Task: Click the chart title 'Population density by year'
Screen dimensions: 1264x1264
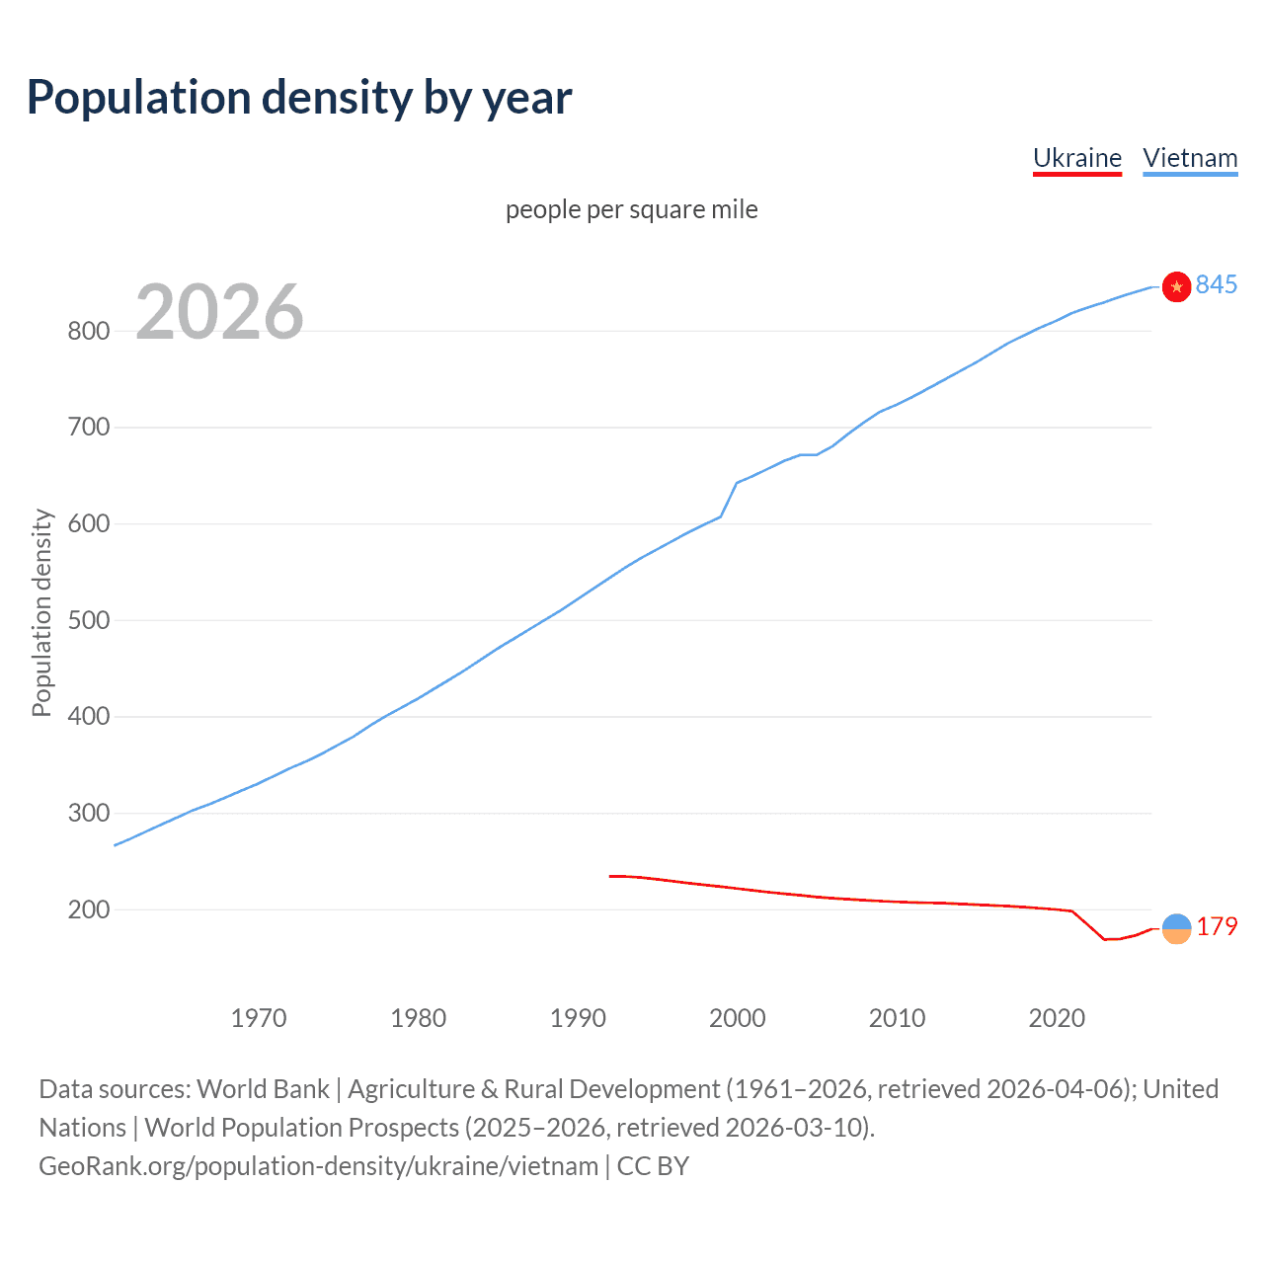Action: (x=299, y=98)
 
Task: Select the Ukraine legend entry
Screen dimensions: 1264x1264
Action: (x=1076, y=158)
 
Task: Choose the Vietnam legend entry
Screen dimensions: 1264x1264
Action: (x=1190, y=158)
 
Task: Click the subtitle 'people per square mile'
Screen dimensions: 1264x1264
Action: (x=631, y=209)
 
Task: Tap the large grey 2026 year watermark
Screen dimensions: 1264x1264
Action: (x=219, y=312)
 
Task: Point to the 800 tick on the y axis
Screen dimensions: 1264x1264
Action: (x=88, y=331)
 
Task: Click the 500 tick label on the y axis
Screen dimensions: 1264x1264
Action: (x=88, y=620)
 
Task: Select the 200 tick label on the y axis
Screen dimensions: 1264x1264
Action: (x=88, y=909)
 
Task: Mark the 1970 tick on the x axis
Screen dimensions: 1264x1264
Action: (x=259, y=1017)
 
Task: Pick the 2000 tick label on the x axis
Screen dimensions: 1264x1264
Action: (x=738, y=1017)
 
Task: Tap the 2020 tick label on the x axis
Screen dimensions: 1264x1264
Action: (x=1057, y=1017)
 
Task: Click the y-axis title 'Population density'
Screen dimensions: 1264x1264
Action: (x=41, y=612)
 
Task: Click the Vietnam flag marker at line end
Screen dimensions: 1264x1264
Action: (x=1176, y=286)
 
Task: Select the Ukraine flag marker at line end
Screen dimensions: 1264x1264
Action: (x=1176, y=928)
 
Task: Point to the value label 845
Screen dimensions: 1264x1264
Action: (x=1216, y=284)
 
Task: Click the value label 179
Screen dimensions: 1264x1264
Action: (x=1217, y=926)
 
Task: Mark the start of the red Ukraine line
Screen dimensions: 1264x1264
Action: (x=610, y=876)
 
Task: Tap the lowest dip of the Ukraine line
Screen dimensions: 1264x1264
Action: (x=1106, y=939)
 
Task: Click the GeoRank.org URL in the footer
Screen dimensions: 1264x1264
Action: (x=318, y=1166)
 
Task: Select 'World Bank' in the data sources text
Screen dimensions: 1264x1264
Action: (x=263, y=1089)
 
